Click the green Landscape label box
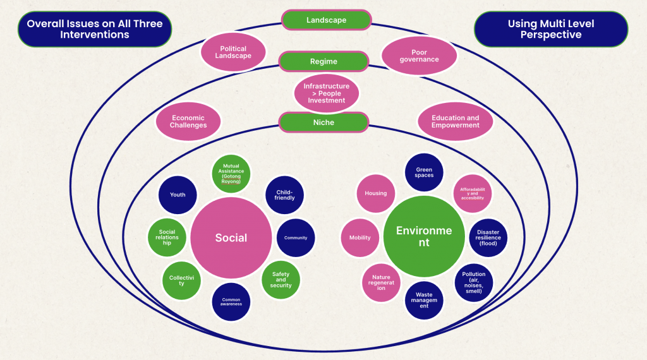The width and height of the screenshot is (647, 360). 326,20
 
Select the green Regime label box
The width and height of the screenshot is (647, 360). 323,62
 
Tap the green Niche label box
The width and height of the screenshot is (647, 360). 323,122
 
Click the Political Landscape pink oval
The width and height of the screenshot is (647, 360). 233,52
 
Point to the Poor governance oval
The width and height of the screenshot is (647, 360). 420,56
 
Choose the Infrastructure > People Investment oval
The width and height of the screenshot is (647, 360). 327,93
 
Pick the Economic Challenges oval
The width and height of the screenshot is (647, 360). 188,121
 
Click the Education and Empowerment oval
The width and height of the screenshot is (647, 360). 455,121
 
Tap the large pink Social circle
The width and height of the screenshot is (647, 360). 231,237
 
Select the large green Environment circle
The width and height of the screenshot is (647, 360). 424,237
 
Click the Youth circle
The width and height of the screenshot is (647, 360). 178,195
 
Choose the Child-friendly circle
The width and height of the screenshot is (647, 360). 284,195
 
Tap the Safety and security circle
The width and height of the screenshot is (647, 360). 281,280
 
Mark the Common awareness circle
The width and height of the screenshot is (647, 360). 231,301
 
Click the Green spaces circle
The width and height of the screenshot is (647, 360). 424,172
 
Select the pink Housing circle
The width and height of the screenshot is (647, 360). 376,193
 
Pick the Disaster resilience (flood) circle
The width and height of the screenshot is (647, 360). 488,237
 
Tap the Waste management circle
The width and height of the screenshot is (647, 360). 424,300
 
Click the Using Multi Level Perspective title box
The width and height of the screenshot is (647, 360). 551,29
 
